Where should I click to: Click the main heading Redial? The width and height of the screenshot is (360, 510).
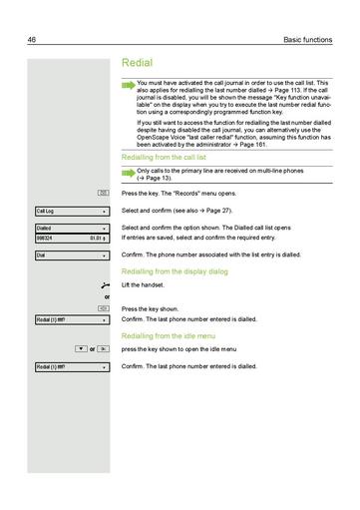click(137, 62)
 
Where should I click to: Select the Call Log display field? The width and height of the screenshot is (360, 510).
click(71, 212)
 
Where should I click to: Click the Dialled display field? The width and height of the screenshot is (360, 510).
click(71, 229)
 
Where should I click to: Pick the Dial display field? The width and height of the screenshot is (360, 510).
click(71, 255)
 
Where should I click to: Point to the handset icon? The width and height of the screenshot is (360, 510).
click(105, 285)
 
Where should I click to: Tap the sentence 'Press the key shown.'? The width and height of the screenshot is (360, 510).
click(150, 309)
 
